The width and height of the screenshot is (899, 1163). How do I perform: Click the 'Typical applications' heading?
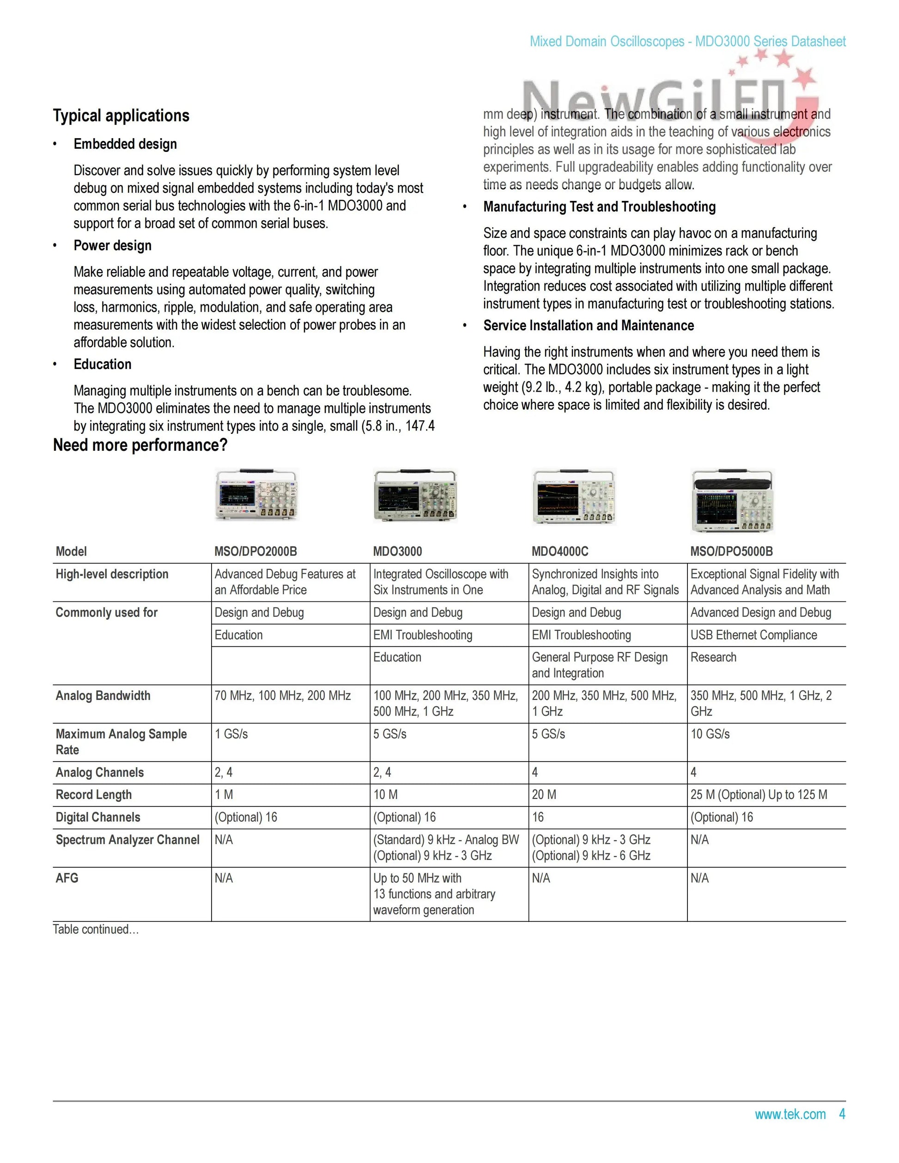click(x=121, y=115)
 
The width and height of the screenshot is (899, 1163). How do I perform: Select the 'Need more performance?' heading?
click(x=140, y=445)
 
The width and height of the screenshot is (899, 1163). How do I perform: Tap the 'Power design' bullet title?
click(x=112, y=246)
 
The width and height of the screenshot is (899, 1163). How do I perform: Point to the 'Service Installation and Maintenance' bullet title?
click(x=589, y=325)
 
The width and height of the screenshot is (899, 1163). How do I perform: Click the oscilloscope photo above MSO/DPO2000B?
click(x=256, y=495)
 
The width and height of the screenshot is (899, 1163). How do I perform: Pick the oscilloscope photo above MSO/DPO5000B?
click(x=732, y=501)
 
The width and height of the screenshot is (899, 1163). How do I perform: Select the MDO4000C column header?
click(x=560, y=551)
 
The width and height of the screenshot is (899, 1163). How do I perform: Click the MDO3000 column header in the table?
click(x=397, y=551)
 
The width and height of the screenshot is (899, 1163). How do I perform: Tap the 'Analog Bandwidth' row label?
click(x=103, y=696)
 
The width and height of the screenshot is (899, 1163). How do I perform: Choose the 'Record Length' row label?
click(x=93, y=794)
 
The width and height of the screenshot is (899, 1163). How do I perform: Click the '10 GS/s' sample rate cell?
click(x=710, y=734)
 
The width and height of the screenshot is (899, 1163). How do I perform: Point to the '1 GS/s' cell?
click(x=231, y=734)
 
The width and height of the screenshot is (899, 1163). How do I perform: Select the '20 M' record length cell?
click(x=544, y=794)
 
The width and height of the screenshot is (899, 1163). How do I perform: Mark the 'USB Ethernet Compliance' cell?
click(x=753, y=635)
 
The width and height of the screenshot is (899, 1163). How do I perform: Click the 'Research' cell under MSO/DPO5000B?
click(x=713, y=657)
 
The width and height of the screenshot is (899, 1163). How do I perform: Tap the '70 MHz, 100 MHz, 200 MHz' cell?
click(x=282, y=696)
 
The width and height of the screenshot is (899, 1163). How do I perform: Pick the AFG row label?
click(x=67, y=878)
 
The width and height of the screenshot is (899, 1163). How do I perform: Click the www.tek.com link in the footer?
click(x=790, y=1114)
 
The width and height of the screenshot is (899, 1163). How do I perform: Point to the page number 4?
click(x=842, y=1114)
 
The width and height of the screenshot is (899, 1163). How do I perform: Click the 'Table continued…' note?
click(x=96, y=929)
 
